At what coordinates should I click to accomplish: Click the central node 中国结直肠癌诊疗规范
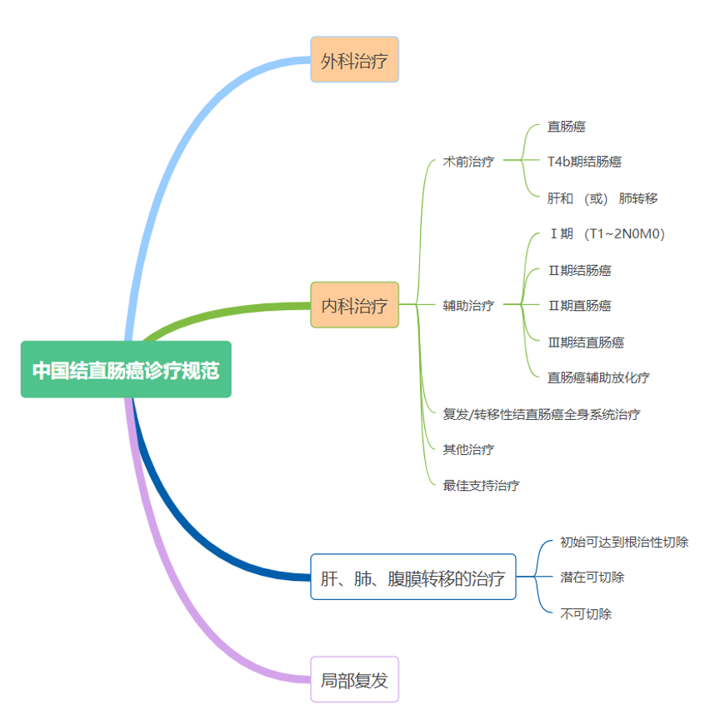(126, 369)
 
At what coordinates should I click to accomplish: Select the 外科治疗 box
(354, 60)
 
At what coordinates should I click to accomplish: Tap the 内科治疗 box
(354, 305)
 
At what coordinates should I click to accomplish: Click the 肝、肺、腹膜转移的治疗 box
(412, 577)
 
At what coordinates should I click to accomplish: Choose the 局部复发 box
(354, 680)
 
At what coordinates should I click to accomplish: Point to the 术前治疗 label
(468, 162)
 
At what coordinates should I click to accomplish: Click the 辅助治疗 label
(468, 306)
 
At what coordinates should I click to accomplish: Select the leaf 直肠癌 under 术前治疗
(566, 127)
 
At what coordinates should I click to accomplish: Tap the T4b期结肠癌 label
(584, 162)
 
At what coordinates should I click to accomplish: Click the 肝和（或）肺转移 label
(602, 198)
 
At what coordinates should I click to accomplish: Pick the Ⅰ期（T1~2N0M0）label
(606, 234)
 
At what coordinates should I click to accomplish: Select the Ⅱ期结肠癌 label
(579, 270)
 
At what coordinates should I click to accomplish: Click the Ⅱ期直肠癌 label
(579, 306)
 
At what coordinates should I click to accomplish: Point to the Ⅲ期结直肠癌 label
(586, 342)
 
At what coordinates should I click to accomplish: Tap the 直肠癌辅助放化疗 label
(598, 377)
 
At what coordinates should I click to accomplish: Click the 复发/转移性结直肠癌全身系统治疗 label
(542, 414)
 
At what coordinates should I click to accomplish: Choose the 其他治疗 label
(468, 450)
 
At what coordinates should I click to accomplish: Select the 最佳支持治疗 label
(482, 486)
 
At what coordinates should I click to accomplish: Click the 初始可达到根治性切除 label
(624, 542)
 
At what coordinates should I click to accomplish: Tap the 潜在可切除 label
(592, 577)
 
